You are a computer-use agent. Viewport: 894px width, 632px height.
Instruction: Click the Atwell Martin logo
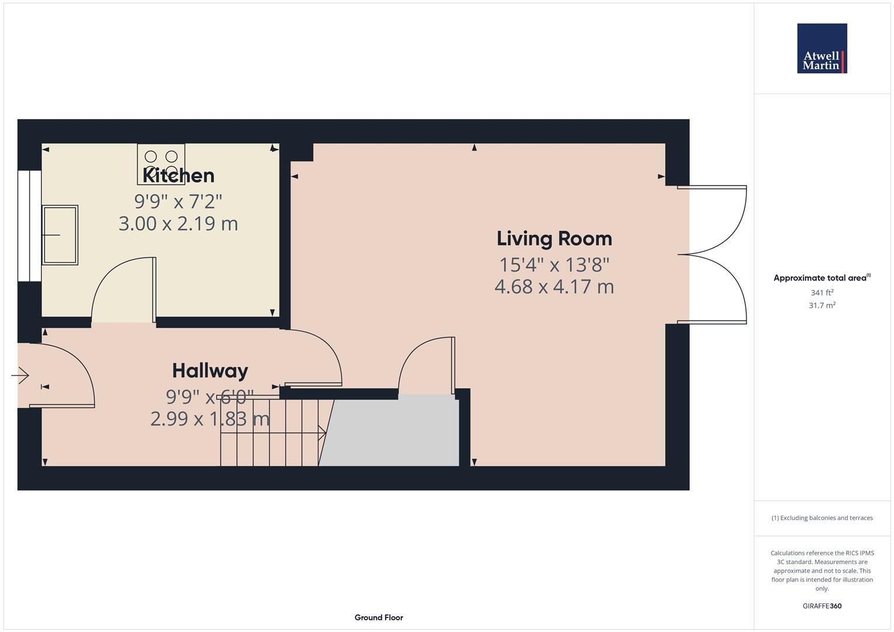[821, 49]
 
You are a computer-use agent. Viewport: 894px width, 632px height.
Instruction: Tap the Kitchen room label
[179, 176]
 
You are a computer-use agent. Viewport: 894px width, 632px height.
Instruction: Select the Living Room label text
[554, 239]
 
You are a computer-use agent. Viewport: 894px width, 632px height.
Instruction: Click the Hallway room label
[210, 371]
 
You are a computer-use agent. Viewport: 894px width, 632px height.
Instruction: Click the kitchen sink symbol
[60, 235]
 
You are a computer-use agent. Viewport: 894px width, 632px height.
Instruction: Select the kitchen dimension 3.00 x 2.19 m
[178, 224]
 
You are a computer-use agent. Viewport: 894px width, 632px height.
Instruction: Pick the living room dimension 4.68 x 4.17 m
[554, 287]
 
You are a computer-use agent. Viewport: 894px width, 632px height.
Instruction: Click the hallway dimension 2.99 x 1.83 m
[210, 419]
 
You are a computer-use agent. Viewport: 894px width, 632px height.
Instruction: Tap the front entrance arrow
[20, 375]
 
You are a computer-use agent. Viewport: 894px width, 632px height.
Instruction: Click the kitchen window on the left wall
[29, 226]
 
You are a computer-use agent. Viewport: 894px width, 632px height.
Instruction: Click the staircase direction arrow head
[322, 433]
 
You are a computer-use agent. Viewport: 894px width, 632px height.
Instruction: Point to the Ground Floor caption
[378, 617]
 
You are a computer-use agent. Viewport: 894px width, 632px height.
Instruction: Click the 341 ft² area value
[821, 293]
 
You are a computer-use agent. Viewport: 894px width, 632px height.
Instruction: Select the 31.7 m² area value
[821, 305]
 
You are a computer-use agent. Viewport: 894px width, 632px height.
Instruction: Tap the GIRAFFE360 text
[821, 606]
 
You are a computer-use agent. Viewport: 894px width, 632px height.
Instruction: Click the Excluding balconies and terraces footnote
[821, 518]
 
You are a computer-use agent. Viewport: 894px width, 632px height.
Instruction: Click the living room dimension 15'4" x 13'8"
[554, 265]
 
